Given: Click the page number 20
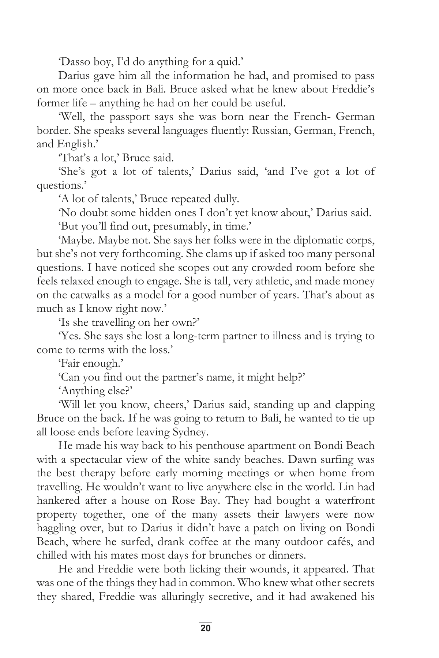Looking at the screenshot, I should click(205, 628).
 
